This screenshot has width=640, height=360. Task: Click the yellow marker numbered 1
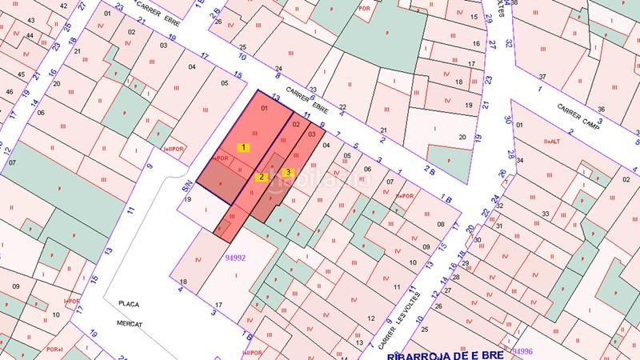point(244,147)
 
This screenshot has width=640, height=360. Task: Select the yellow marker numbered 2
point(261,177)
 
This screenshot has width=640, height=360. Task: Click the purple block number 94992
point(235,258)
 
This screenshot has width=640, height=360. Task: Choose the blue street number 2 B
point(430,169)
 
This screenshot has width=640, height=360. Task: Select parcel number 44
point(30,36)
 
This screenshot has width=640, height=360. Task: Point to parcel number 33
point(545,214)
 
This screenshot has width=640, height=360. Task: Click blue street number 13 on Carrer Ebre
point(275,97)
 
